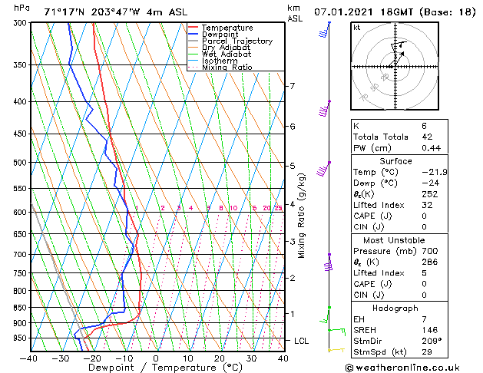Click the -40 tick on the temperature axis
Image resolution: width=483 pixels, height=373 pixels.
[28, 358]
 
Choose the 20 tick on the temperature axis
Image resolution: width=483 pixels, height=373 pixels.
[219, 358]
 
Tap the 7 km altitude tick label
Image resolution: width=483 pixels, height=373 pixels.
[292, 86]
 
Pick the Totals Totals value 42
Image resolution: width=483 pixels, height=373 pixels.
[427, 137]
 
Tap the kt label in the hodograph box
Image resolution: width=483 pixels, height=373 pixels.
[356, 28]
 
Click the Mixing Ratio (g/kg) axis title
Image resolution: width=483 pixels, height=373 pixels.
[302, 216]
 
